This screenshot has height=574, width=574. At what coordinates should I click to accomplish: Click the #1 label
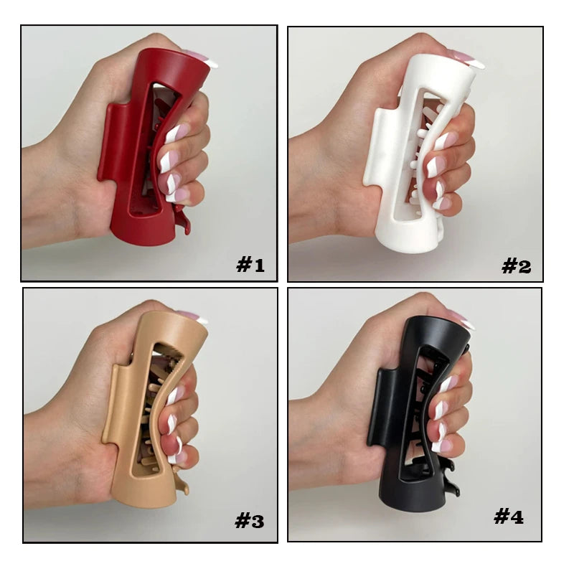pyautogui.click(x=250, y=265)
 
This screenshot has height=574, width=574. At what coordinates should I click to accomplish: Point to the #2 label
pyautogui.click(x=516, y=266)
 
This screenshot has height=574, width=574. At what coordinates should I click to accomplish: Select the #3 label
pyautogui.click(x=249, y=522)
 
